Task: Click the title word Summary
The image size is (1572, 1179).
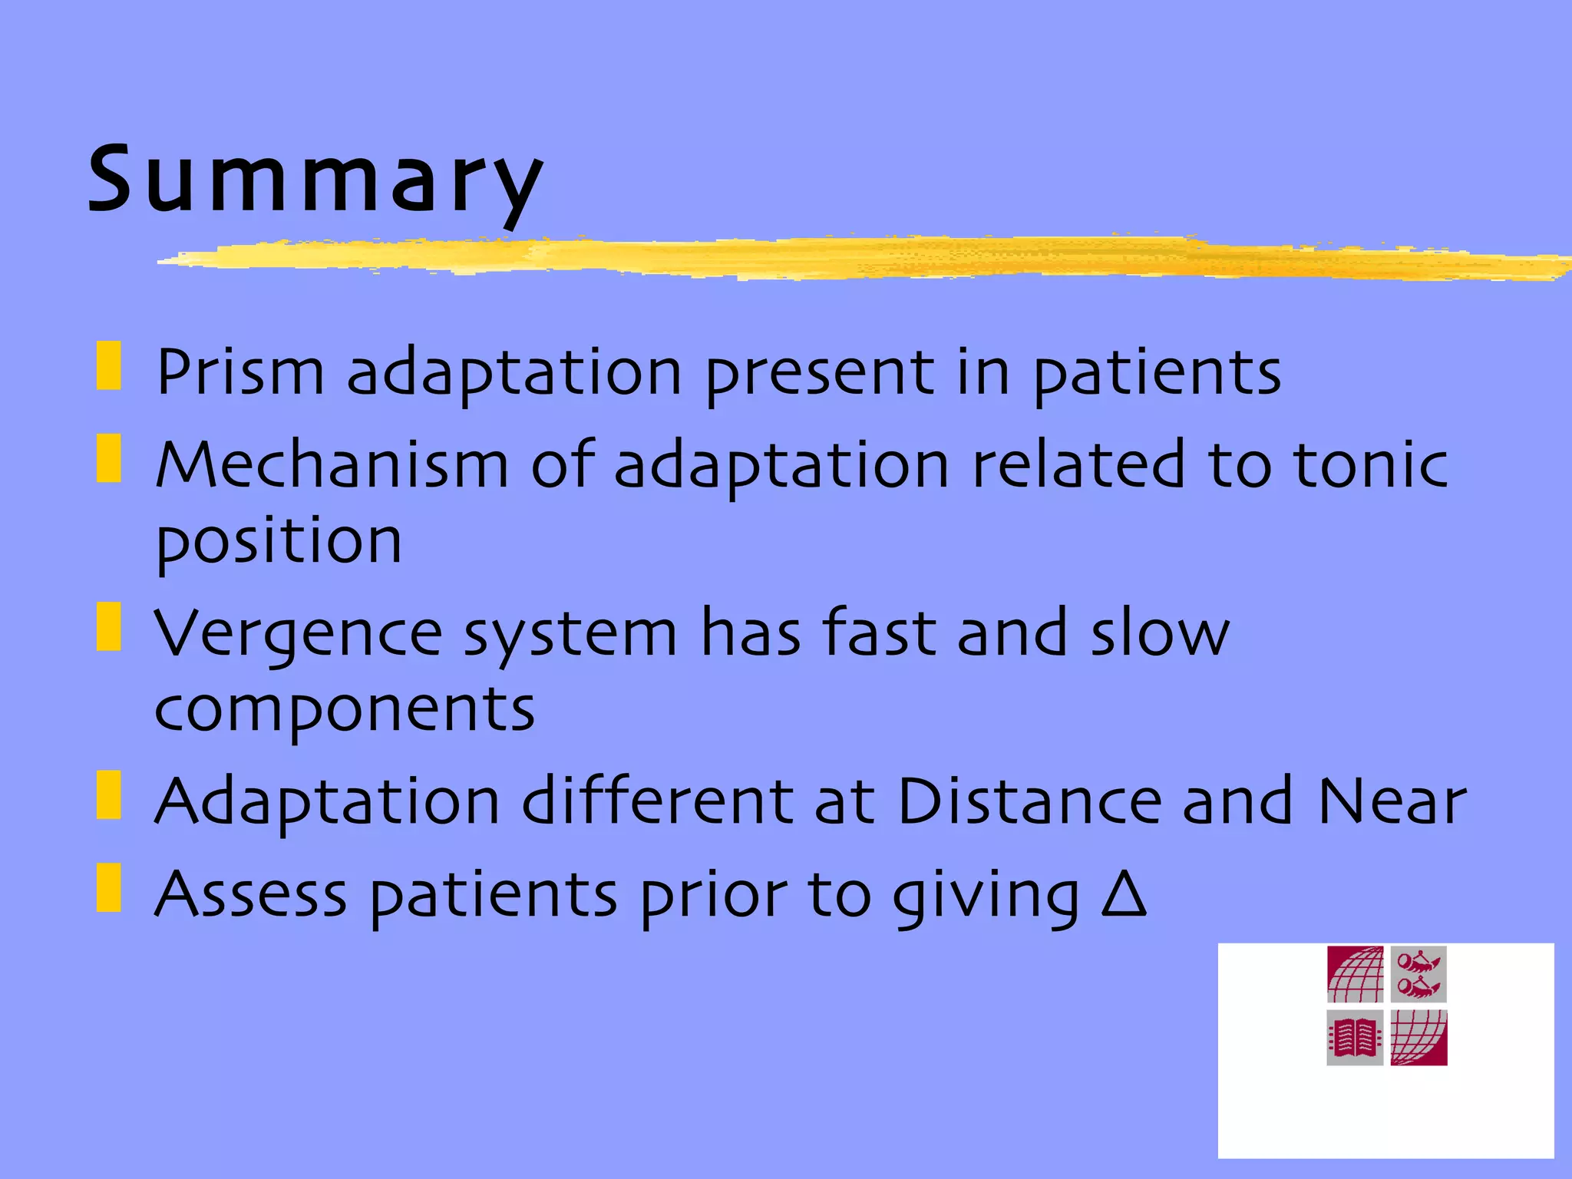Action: click(x=315, y=180)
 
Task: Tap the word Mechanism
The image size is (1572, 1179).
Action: click(x=332, y=465)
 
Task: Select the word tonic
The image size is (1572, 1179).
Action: click(x=1371, y=465)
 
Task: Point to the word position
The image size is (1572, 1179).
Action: click(x=279, y=542)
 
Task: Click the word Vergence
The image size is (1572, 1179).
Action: click(x=299, y=634)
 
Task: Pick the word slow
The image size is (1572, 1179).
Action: click(x=1160, y=634)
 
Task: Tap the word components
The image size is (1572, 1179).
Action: click(x=344, y=710)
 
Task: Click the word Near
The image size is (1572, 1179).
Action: click(x=1392, y=802)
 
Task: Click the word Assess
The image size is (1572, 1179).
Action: click(x=250, y=895)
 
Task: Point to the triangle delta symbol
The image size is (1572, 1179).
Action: click(x=1123, y=893)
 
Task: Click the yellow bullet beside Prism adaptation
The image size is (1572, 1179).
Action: click(x=109, y=366)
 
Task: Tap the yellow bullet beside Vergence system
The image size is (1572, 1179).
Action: click(x=109, y=627)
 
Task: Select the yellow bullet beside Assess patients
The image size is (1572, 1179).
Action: click(x=109, y=888)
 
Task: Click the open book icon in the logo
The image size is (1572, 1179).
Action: click(x=1355, y=1038)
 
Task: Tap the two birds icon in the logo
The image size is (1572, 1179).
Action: click(x=1418, y=974)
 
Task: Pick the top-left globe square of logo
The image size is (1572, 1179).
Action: click(x=1355, y=974)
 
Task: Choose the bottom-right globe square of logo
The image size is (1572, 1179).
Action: click(x=1418, y=1038)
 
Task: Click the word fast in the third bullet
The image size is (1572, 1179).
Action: click(x=879, y=632)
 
